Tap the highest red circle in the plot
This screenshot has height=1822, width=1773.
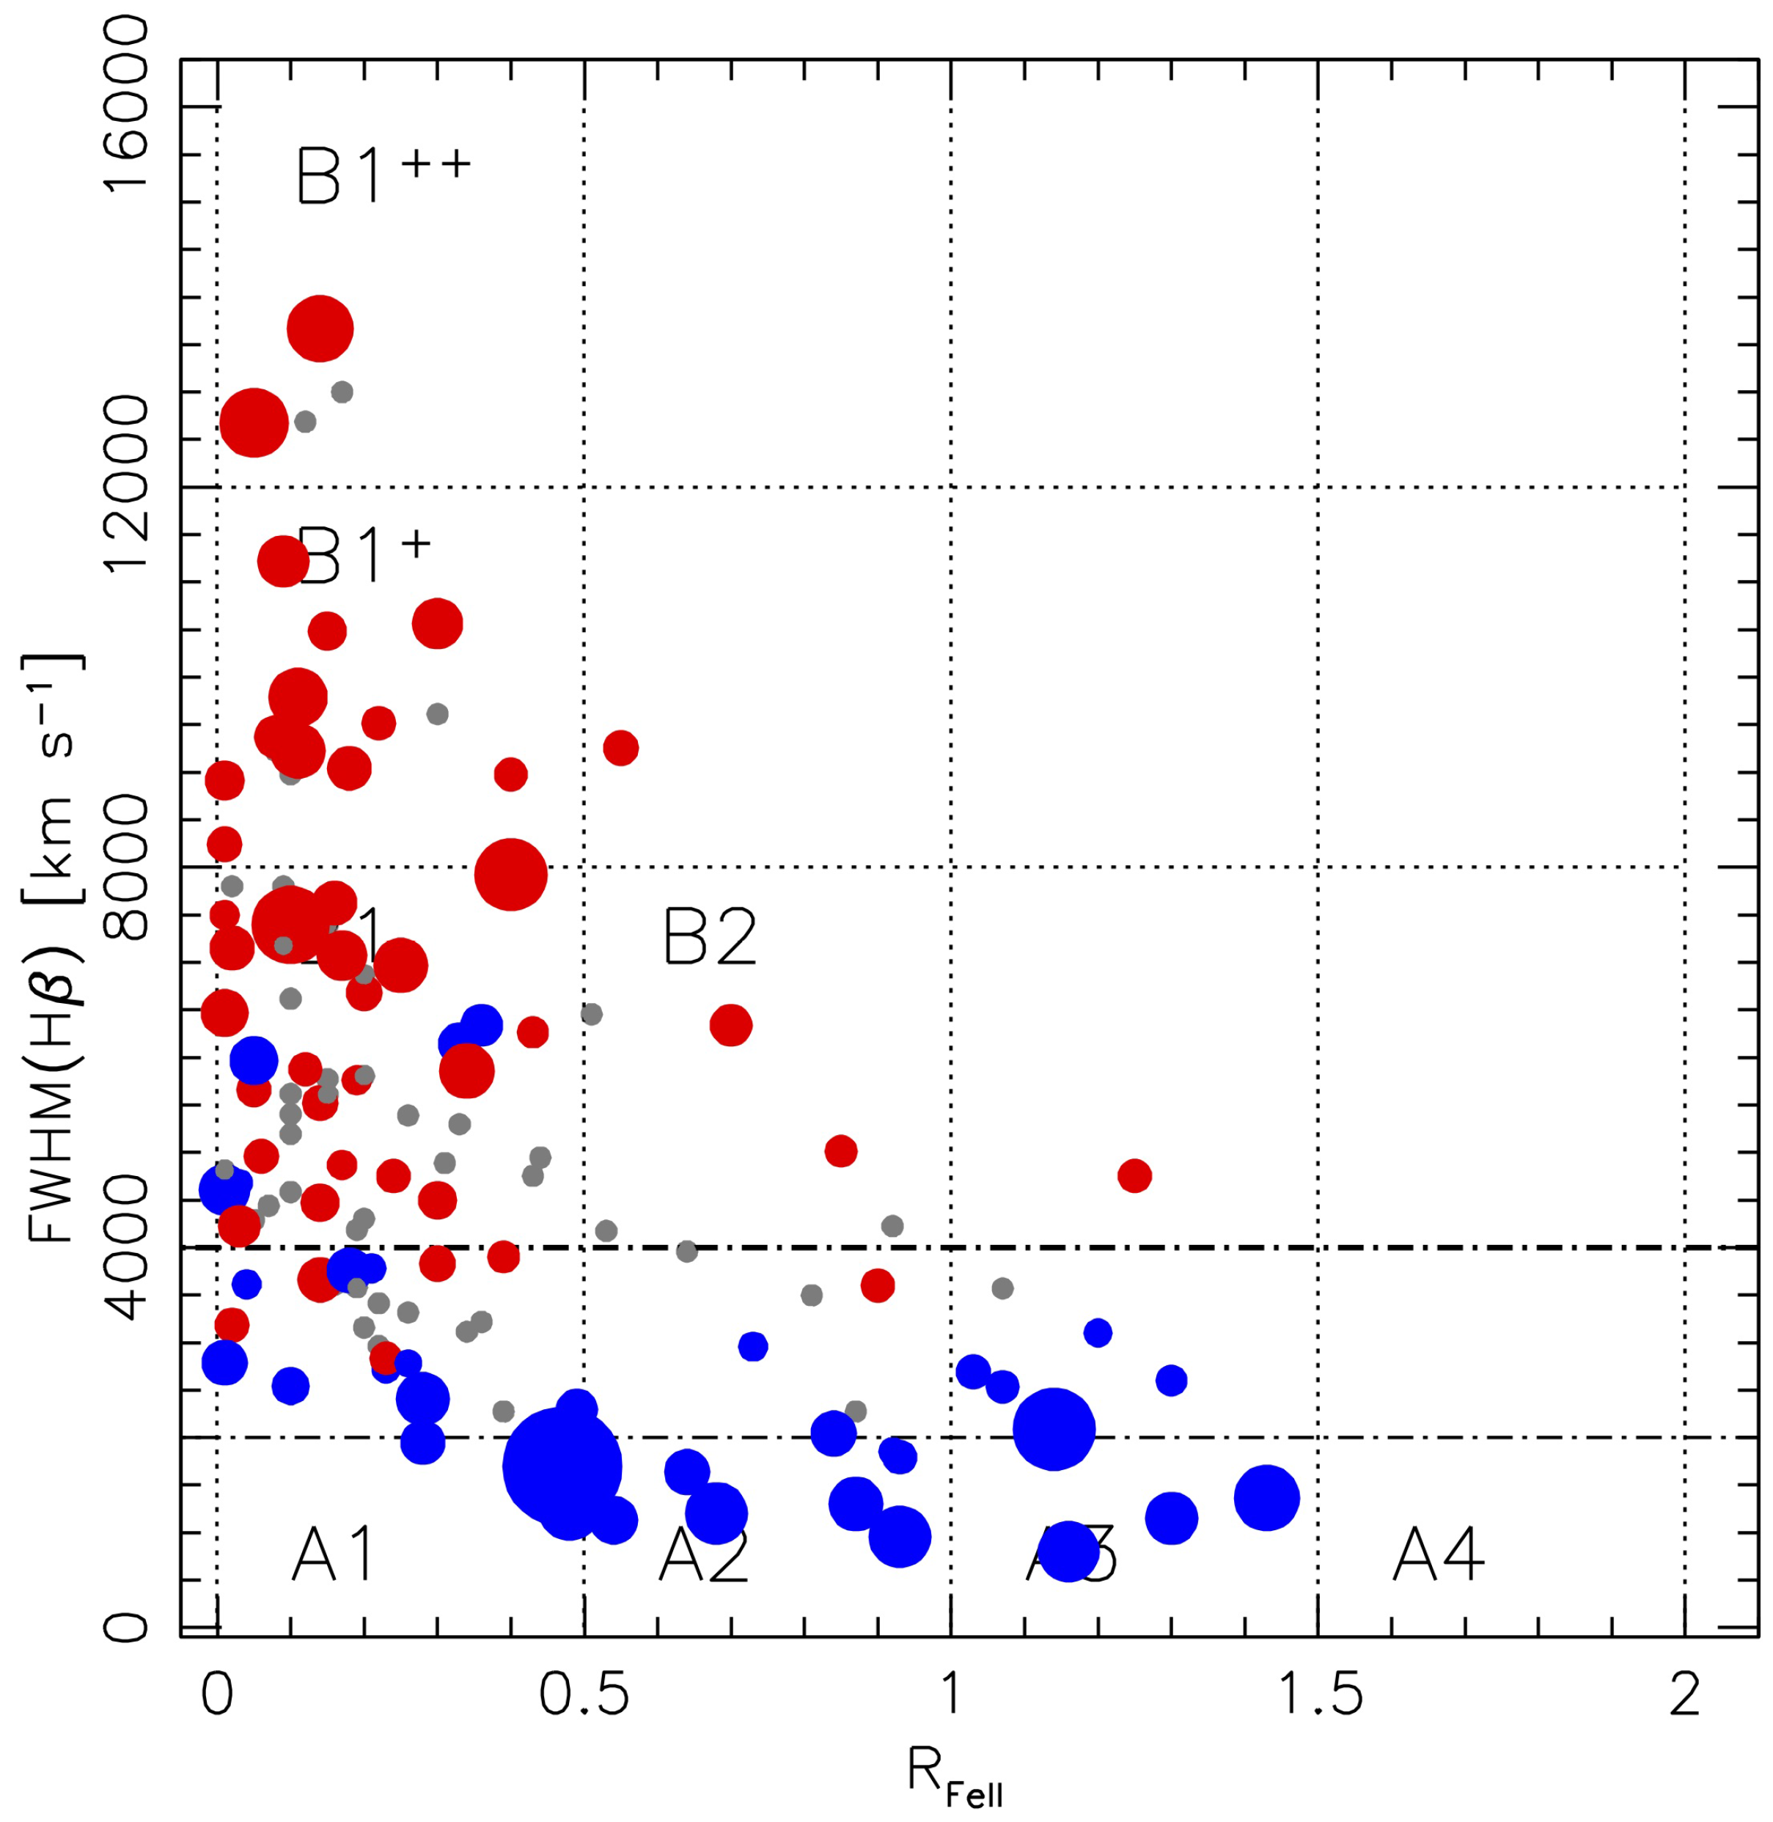320,328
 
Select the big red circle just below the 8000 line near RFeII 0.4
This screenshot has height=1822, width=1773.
510,873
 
